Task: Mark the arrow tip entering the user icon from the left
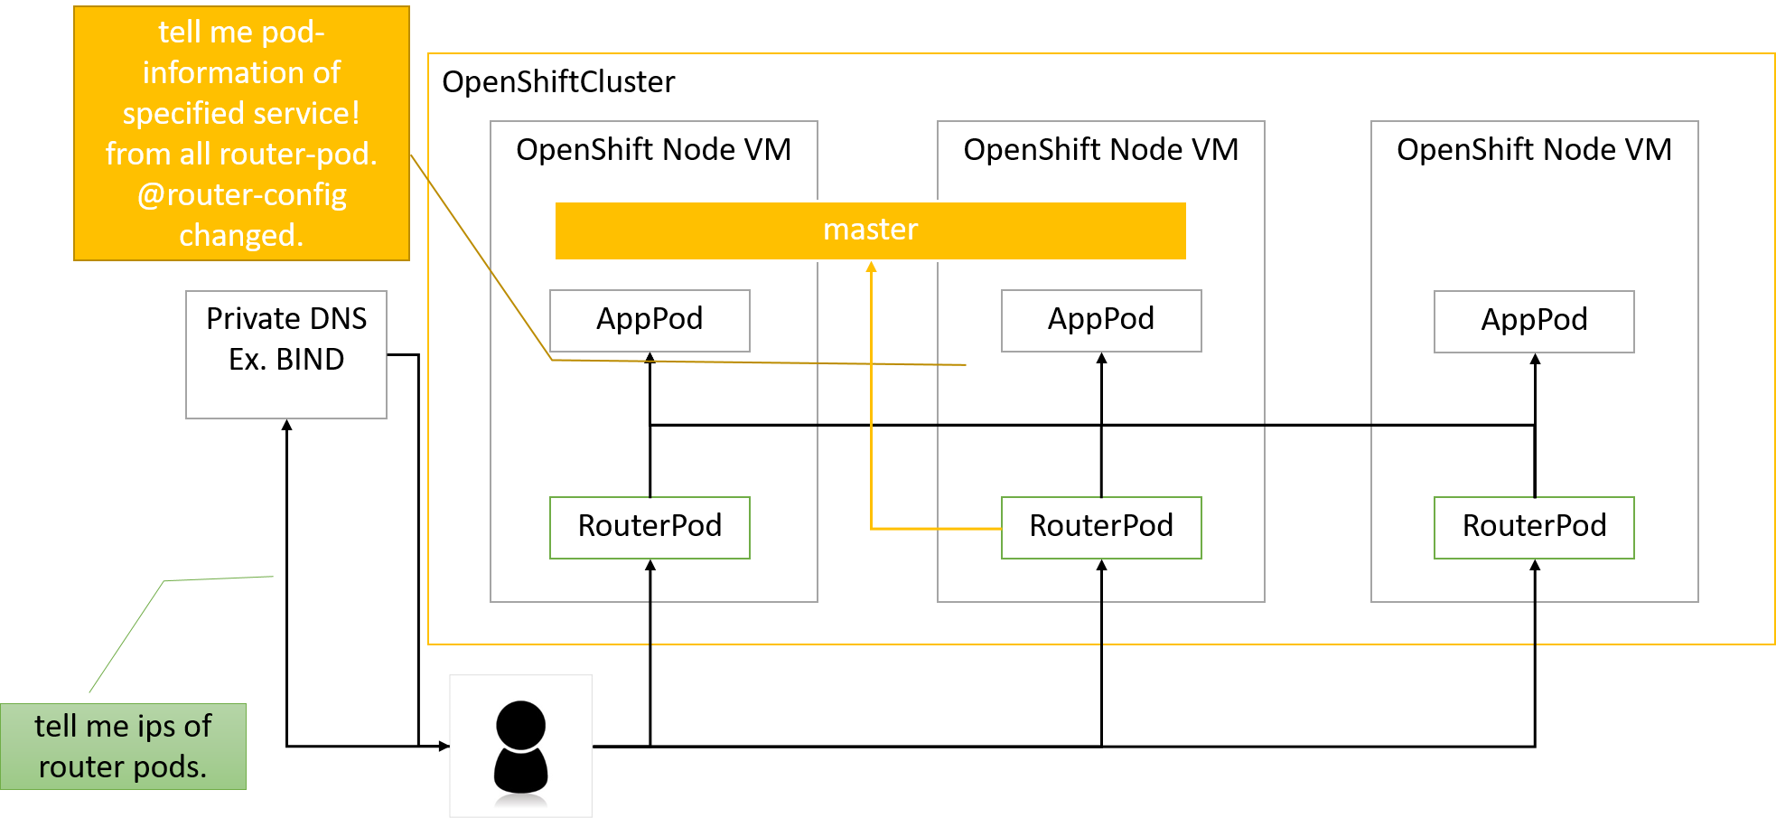449,746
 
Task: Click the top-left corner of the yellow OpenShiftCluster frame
428,53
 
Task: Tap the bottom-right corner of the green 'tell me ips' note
246,789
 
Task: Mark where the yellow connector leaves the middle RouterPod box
1002,528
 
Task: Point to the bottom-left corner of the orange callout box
74,260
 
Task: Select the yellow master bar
871,230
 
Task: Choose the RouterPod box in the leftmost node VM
650,528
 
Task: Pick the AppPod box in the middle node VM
1101,321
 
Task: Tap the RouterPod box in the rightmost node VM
1534,528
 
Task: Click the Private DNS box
286,354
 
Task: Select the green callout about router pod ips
123,747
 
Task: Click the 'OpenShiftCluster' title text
558,82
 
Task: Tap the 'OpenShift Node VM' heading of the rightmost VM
1534,149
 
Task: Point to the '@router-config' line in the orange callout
242,194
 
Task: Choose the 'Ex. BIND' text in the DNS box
286,360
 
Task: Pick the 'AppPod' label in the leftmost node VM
650,319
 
